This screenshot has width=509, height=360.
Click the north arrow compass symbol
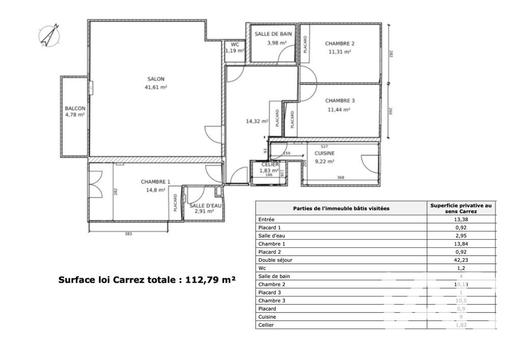click(49, 36)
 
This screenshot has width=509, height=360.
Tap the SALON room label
click(156, 79)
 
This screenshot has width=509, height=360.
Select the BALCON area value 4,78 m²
click(75, 115)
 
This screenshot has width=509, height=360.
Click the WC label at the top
click(235, 44)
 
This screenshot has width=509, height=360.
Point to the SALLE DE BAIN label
click(273, 34)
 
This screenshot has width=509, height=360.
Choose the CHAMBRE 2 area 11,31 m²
click(340, 51)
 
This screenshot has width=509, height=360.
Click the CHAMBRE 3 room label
click(340, 100)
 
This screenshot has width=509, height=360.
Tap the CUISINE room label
click(324, 153)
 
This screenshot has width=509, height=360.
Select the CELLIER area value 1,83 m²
click(269, 171)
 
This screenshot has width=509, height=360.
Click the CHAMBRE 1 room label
click(156, 182)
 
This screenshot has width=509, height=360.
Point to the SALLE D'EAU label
click(202, 205)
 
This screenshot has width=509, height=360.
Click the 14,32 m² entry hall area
click(257, 121)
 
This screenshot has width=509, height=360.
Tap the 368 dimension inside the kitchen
click(341, 177)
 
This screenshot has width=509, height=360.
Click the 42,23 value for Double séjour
click(461, 260)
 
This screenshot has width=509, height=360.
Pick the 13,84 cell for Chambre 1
click(461, 243)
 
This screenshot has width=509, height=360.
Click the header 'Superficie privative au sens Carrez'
click(461, 208)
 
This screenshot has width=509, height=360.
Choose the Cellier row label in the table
click(267, 325)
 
